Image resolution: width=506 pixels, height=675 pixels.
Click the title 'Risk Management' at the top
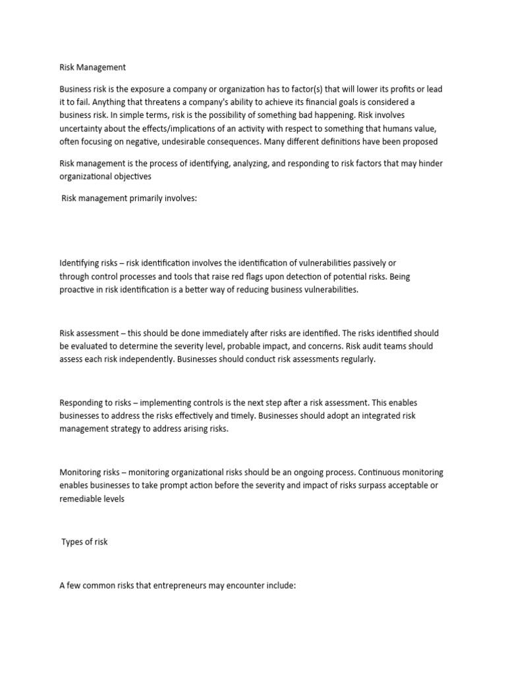pos(92,67)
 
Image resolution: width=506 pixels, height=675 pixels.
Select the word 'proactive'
pos(80,289)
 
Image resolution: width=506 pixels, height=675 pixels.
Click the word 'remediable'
pos(82,499)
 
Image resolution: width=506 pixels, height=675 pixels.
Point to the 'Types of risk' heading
pos(84,542)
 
